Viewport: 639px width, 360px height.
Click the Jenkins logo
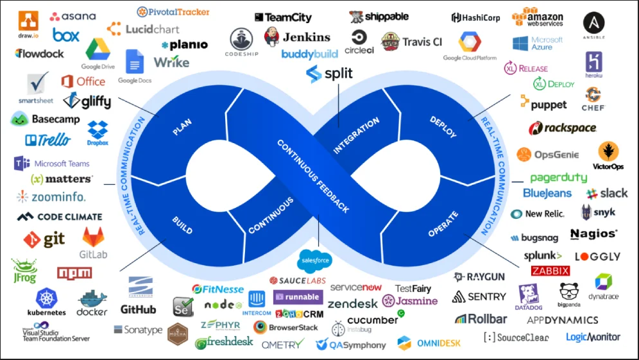(296, 37)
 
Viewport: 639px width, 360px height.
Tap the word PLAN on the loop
(182, 126)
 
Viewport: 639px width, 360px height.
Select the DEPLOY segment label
(443, 126)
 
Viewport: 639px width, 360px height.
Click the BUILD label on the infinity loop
(182, 225)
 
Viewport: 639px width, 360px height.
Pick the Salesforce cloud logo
(314, 261)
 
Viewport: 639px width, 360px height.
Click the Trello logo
(47, 140)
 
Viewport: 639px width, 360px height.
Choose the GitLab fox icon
(94, 237)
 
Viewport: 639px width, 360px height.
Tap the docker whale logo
(92, 302)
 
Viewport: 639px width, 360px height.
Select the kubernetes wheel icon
(47, 298)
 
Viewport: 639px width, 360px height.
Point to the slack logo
(606, 193)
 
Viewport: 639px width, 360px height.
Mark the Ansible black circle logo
(593, 23)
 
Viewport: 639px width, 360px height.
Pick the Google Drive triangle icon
(98, 49)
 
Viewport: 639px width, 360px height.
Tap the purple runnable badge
(298, 297)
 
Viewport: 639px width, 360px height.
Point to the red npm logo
(74, 273)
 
